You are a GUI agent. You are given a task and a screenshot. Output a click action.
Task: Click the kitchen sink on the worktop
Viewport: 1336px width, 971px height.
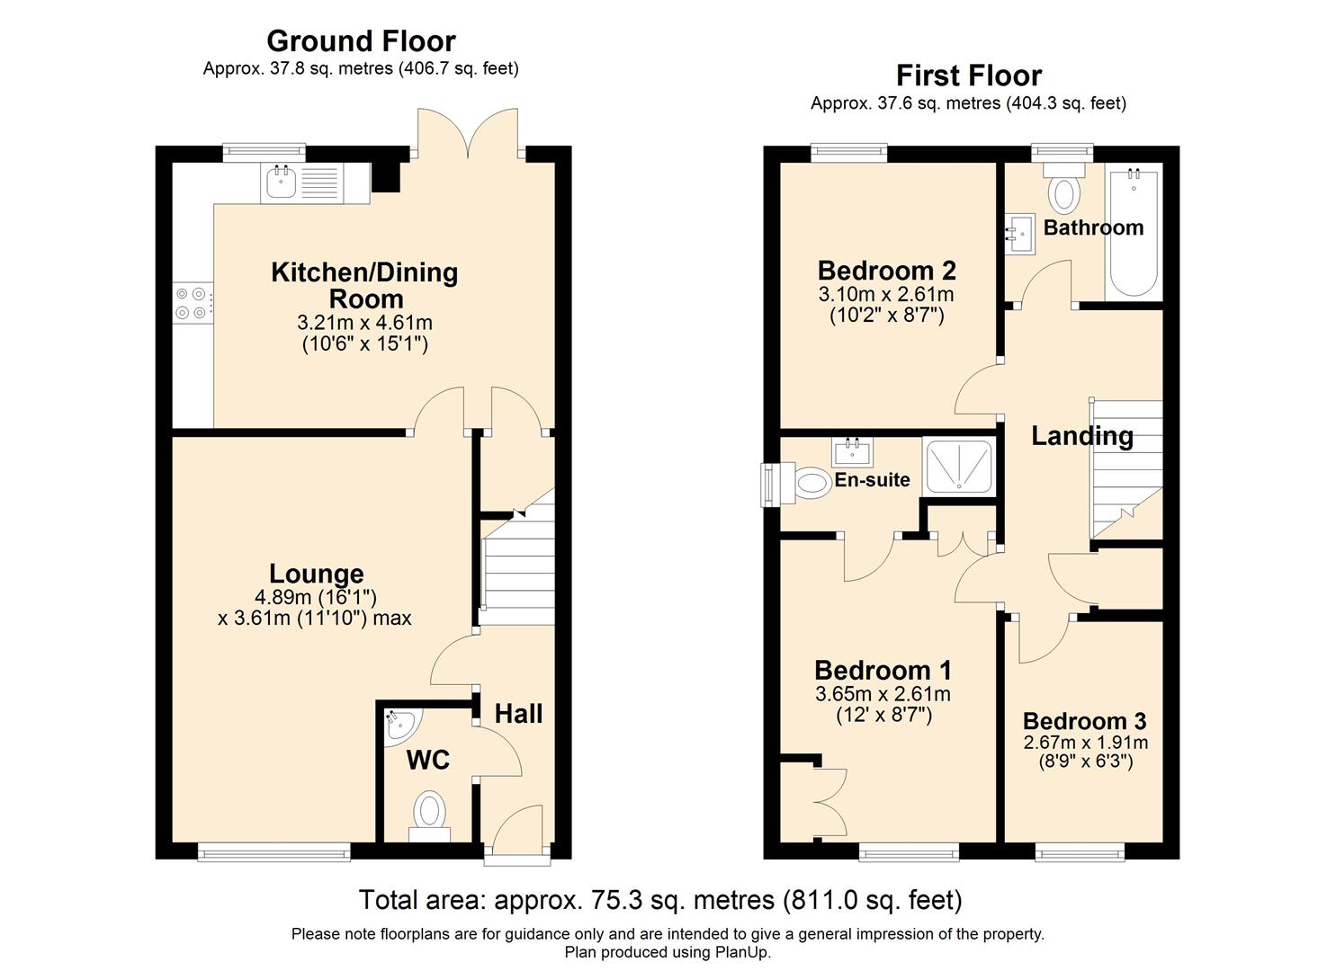point(281,183)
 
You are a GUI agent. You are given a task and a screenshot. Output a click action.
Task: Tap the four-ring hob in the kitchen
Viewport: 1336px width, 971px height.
point(193,303)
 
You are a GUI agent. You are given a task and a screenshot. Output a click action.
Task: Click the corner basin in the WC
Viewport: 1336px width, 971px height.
point(399,724)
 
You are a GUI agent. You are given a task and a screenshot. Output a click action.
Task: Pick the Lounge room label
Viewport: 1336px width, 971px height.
point(316,574)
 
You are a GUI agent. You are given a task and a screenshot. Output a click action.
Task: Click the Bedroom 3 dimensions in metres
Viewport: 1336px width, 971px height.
point(1085,743)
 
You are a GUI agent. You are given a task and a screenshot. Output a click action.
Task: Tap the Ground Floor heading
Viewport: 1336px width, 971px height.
point(361,41)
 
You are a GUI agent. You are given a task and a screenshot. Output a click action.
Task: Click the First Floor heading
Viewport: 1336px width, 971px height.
point(968,76)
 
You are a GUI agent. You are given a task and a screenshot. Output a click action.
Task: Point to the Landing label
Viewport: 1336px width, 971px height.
point(1081,436)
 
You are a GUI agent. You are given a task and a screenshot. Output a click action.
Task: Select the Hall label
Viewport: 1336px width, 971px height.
point(518,714)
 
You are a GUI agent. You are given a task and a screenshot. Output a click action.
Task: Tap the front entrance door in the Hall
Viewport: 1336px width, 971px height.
point(517,832)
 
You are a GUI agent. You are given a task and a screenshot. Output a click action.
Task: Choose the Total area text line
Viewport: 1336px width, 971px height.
point(660,900)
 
